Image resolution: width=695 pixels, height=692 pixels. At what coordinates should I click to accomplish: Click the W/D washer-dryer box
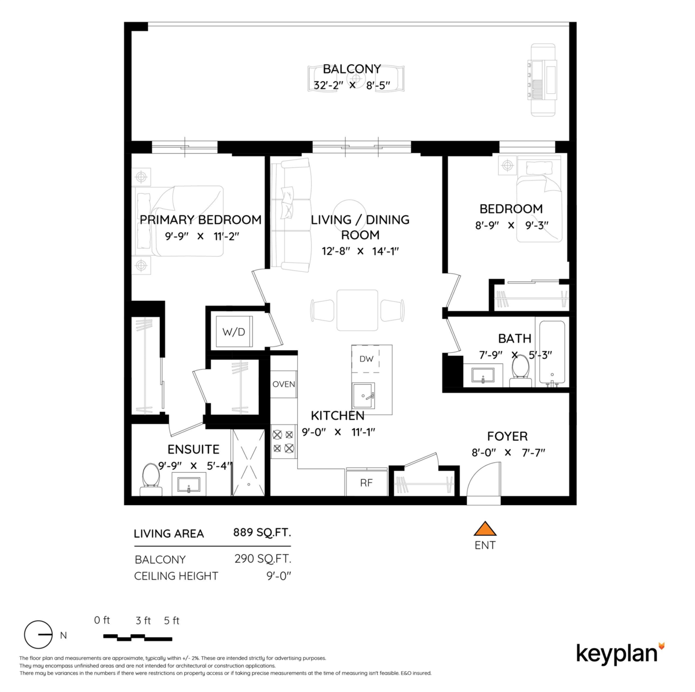pyautogui.click(x=234, y=332)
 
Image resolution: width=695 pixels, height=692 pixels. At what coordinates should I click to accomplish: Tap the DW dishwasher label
pyautogui.click(x=367, y=359)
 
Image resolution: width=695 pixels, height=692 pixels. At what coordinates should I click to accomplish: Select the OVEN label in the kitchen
pyautogui.click(x=284, y=384)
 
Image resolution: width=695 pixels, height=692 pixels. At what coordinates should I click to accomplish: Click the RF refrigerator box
pyautogui.click(x=366, y=483)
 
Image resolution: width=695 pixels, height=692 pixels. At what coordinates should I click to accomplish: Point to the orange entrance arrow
pyautogui.click(x=485, y=529)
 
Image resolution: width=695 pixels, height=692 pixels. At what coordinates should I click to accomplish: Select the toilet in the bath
pyautogui.click(x=520, y=369)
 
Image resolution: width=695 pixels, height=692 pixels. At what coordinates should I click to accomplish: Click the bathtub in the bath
pyautogui.click(x=553, y=353)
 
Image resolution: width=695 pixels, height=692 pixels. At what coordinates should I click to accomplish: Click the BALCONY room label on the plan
pyautogui.click(x=352, y=69)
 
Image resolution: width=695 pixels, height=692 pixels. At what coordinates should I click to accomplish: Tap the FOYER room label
pyautogui.click(x=507, y=436)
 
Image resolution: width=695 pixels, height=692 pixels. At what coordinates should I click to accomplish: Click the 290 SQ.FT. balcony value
pyautogui.click(x=262, y=559)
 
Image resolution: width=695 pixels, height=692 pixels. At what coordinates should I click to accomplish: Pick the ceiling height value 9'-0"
pyautogui.click(x=277, y=576)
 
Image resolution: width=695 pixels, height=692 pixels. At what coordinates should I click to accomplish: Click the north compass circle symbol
pyautogui.click(x=38, y=635)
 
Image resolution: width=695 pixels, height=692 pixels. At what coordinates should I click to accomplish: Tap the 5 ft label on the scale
pyautogui.click(x=171, y=621)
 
